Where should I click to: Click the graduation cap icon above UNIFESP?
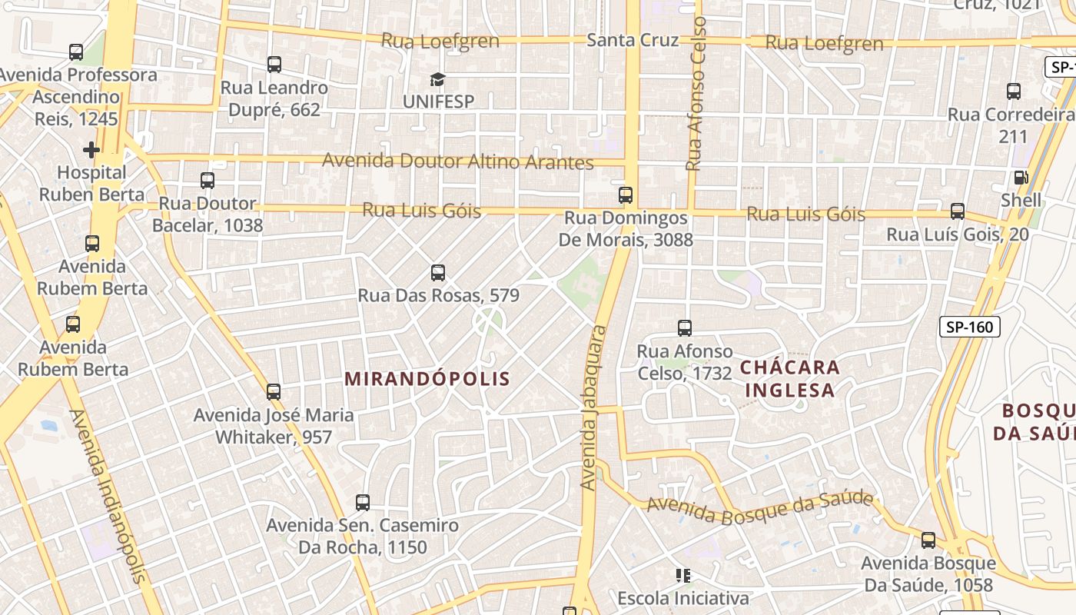coord(437,79)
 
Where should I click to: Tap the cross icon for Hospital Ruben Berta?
coord(91,149)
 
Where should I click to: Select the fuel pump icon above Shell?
coord(1021,178)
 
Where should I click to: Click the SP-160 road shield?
coord(969,327)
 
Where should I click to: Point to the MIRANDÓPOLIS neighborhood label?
coord(427,379)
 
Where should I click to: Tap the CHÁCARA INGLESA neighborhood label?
coord(790,378)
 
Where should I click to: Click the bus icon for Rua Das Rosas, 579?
coord(438,273)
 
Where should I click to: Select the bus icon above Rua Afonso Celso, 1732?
coord(685,328)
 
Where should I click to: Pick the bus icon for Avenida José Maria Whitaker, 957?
coord(274,392)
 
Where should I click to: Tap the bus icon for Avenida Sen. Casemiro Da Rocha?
coord(363,503)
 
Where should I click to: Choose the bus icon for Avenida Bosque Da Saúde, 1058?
coord(928,540)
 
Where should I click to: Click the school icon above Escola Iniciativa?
coord(682,575)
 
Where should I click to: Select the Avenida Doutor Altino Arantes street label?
coord(457,161)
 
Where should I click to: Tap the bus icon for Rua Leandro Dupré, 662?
coord(274,65)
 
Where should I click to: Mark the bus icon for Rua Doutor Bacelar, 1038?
coord(208,181)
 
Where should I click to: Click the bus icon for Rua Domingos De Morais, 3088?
coord(626,195)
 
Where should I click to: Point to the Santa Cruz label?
coord(633,40)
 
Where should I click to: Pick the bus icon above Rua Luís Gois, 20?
coord(958,211)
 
